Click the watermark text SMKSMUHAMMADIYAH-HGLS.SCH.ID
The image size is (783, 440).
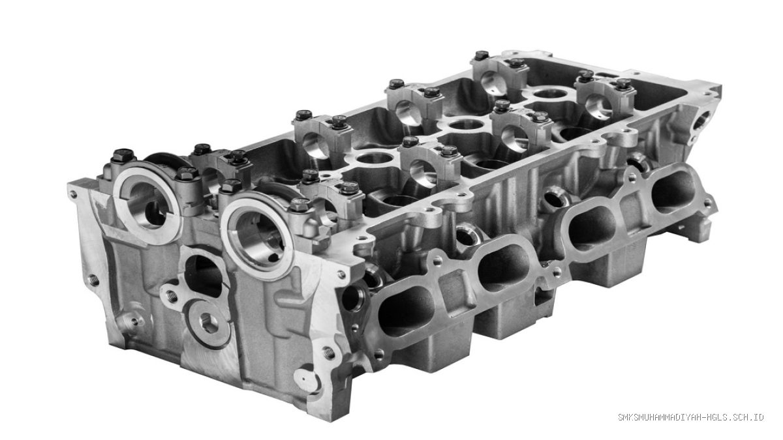click(x=691, y=417)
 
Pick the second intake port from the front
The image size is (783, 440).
click(x=503, y=268)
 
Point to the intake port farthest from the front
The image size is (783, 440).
click(x=673, y=192)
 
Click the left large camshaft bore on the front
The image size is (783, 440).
click(x=148, y=206)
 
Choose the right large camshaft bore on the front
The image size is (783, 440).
click(x=258, y=240)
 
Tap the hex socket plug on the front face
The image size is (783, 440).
click(x=209, y=324)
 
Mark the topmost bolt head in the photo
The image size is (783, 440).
click(x=482, y=55)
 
